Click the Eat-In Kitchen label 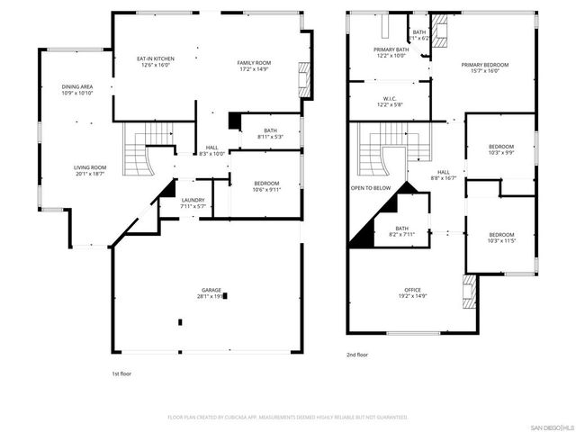click(x=155, y=59)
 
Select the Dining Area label click(x=77, y=87)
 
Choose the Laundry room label click(x=193, y=200)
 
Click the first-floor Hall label click(x=211, y=148)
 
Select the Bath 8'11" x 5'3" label click(x=270, y=130)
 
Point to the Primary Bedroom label click(x=484, y=65)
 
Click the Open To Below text click(x=371, y=188)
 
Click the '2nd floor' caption click(x=357, y=355)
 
